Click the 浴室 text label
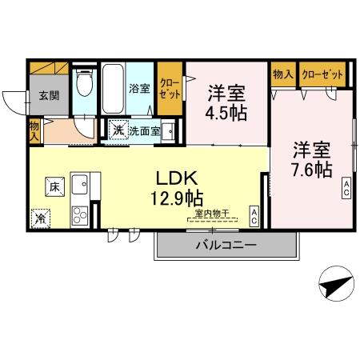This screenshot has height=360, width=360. coord(139,88)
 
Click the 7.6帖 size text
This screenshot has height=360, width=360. coord(311,169)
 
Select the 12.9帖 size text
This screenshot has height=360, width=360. coord(177,196)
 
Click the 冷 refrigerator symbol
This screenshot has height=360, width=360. coord(40,217)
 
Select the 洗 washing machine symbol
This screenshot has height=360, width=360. coord(118,130)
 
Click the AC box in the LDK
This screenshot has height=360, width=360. coord(252,215)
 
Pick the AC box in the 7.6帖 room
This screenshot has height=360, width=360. coord(347,189)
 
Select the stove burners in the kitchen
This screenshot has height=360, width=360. coord(81,214)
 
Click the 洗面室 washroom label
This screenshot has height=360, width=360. coord(144,130)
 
